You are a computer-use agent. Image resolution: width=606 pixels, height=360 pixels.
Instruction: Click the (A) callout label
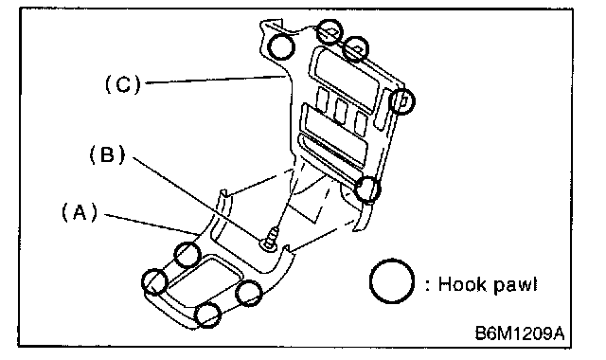(x=80, y=212)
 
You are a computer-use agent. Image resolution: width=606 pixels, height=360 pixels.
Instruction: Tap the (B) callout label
(x=107, y=154)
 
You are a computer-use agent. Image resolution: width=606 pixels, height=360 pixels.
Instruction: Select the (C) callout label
(x=123, y=84)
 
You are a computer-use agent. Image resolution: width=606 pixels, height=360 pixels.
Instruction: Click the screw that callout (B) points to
(x=271, y=240)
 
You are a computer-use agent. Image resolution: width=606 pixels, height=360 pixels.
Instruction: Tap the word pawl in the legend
(x=515, y=285)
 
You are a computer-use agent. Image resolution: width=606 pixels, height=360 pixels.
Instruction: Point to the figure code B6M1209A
(x=520, y=333)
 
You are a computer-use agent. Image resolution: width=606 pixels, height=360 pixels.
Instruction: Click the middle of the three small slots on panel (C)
(x=340, y=112)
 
